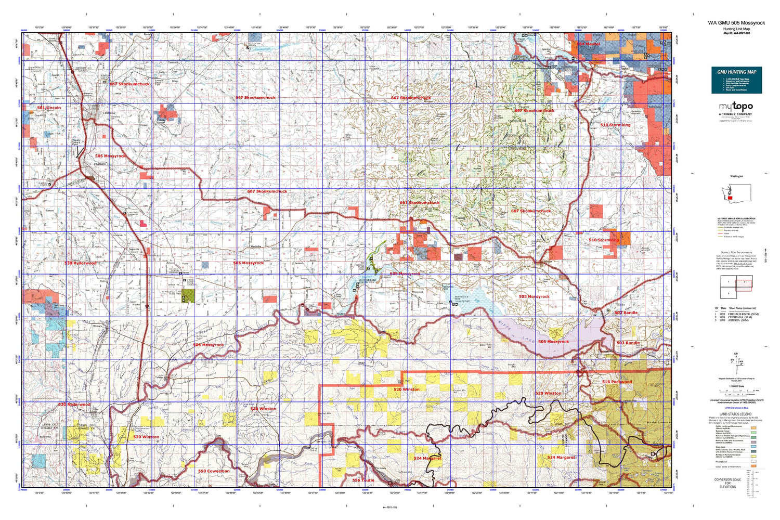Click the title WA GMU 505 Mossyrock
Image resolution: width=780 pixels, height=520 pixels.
click(x=736, y=23)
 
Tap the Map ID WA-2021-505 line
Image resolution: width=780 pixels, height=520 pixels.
click(x=736, y=33)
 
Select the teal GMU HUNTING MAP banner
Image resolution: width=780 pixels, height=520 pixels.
click(x=736, y=80)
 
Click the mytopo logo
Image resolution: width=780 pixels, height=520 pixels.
click(x=736, y=108)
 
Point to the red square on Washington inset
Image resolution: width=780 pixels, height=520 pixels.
click(x=730, y=198)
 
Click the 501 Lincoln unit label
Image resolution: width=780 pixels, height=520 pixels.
click(x=49, y=108)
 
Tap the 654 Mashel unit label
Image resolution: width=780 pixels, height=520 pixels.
click(x=588, y=44)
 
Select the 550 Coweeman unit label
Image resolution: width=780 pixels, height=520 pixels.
click(x=214, y=471)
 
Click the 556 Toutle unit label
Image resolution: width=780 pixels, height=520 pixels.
click(x=363, y=480)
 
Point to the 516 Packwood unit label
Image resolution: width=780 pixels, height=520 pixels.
click(x=617, y=382)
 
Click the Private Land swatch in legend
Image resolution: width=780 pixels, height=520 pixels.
click(x=753, y=461)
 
